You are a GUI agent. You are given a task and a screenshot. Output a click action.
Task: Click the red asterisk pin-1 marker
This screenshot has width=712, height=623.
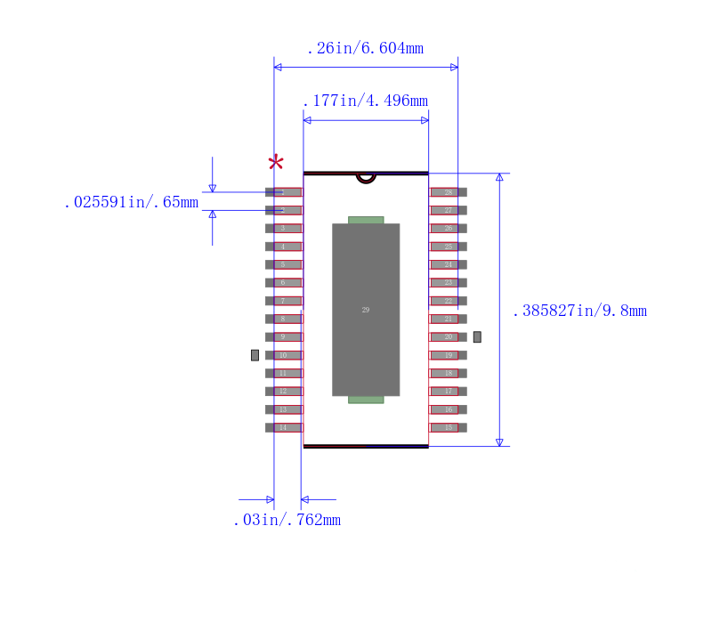coord(276,162)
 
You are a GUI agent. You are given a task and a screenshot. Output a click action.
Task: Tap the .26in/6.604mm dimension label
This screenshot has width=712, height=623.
coord(365,48)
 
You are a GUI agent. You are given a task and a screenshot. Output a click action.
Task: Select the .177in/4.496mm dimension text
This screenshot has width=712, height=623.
coord(365,101)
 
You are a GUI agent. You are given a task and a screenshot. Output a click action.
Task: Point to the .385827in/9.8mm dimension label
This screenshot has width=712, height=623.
coord(579,311)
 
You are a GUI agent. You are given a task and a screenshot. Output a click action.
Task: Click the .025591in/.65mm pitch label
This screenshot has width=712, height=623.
coord(131,202)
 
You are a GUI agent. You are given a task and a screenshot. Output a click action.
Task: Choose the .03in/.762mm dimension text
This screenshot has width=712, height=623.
coord(287,520)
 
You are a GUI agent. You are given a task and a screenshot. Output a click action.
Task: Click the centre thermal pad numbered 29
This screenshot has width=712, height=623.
coord(366,310)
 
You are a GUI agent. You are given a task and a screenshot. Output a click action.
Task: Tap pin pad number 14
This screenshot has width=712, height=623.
coord(284,427)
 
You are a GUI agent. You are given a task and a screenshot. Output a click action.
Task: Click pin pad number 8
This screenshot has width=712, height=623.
coord(284,319)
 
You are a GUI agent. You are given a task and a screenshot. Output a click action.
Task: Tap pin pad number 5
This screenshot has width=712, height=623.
coord(284,264)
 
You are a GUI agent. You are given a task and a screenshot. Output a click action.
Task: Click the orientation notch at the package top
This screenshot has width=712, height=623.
coord(366,177)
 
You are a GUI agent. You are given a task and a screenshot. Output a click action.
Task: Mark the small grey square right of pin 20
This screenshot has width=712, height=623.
coord(477,337)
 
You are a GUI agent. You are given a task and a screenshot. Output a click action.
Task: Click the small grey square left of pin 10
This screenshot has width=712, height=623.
coord(255,355)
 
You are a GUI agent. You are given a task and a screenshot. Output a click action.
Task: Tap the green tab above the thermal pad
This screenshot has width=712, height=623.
coord(366,220)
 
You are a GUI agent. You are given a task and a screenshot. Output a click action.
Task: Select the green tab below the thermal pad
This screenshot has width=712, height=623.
coord(366,400)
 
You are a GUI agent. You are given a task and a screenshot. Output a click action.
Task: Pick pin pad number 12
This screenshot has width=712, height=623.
coord(284,391)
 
